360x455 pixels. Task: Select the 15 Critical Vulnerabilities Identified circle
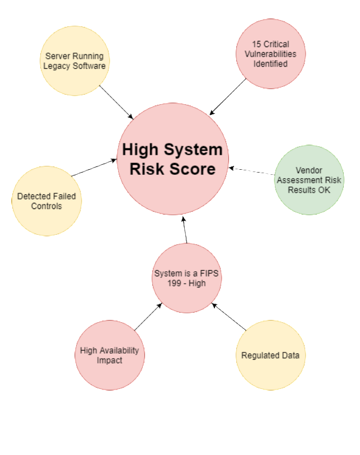tap(270, 54)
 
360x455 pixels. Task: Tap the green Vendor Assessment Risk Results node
tap(309, 180)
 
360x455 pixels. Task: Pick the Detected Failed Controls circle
tap(47, 201)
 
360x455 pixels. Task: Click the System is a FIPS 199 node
tap(187, 278)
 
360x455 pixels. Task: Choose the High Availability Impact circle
tap(109, 355)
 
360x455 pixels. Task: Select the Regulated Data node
tap(270, 355)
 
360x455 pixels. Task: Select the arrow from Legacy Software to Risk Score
tap(116, 101)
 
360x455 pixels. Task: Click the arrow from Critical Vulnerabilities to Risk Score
tap(229, 96)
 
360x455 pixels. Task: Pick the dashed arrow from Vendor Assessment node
tap(251, 170)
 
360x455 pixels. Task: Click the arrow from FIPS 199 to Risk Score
tap(185, 230)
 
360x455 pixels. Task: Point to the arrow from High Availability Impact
tap(148, 317)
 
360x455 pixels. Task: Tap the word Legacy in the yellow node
tap(58, 66)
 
